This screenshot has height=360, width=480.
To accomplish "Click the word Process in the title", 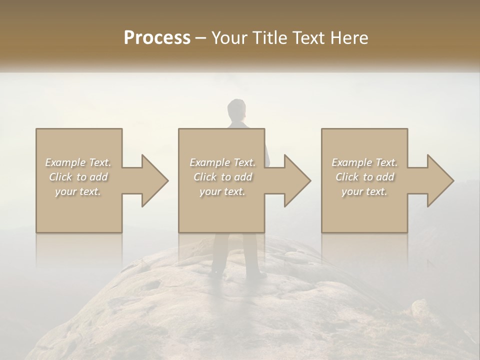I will tap(157, 38).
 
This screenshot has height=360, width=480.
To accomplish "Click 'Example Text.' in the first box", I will tap(78, 162).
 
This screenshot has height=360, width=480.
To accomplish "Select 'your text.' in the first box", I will tap(78, 191).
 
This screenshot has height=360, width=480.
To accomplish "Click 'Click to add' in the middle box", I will tap(222, 177).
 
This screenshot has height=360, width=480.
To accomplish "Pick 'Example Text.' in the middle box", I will tap(222, 162).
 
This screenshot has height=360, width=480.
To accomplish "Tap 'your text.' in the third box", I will tap(364, 191).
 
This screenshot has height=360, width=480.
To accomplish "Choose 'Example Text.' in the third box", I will tap(364, 162).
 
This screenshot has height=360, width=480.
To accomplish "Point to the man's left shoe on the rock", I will tap(216, 272).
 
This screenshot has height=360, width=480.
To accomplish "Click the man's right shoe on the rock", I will tap(258, 274).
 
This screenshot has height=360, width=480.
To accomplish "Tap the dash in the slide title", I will tap(201, 38).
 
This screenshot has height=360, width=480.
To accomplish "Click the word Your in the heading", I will tap(228, 38).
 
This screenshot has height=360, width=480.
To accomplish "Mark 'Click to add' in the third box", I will tap(364, 177).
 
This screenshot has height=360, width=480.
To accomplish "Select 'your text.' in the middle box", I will tap(222, 191).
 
